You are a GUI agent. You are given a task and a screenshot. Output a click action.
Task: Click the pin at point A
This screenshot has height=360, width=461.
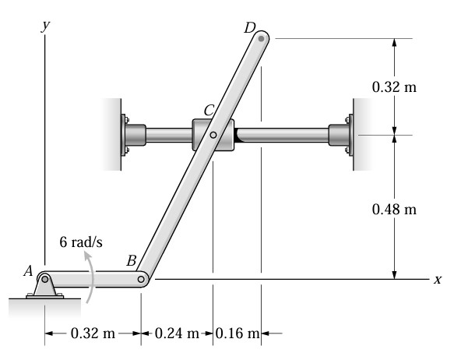(44, 279)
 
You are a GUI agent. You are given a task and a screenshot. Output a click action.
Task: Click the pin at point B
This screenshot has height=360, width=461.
(141, 279)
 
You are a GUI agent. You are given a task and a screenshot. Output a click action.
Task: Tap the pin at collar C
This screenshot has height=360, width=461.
(213, 135)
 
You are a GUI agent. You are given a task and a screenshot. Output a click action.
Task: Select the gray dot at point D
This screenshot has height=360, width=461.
(261, 38)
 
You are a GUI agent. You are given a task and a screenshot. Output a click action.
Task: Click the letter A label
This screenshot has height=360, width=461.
(28, 271)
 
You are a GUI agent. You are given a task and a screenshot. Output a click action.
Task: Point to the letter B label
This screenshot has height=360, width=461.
(132, 260)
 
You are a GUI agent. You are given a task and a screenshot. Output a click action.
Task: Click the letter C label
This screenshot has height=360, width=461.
(209, 111)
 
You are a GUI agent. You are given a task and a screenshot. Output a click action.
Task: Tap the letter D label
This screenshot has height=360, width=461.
(250, 28)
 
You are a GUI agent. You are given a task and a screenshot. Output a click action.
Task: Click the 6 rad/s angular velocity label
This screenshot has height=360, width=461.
(81, 242)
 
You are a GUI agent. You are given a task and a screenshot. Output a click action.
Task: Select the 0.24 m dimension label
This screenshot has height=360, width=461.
(177, 334)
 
